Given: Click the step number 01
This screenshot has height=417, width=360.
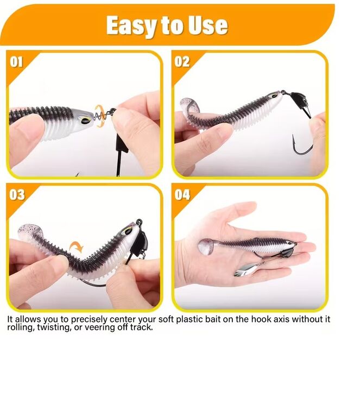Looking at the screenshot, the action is point(16,62).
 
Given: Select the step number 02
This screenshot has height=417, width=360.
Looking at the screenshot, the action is point(182,62).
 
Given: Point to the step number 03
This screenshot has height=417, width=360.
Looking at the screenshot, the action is point(17,195).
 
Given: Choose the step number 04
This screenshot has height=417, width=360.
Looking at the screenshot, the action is point(182,195).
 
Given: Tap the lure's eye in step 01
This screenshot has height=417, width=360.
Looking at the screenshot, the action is point(86,121).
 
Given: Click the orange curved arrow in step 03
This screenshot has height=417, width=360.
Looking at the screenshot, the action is point(77,247).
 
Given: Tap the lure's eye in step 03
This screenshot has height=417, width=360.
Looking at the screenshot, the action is point(127,231).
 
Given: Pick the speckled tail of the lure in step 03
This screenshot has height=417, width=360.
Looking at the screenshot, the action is point(30,231).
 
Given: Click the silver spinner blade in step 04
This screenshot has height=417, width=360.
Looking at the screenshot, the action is point(245,270).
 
